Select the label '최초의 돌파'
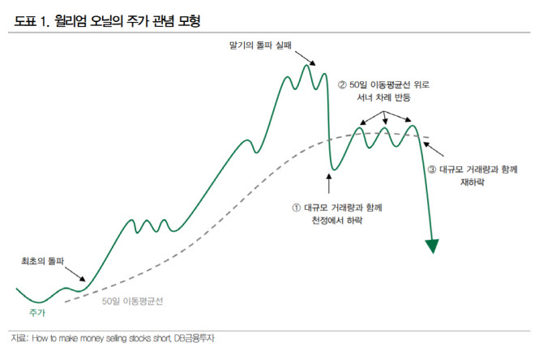tap(42, 261)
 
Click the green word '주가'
tap(37, 312)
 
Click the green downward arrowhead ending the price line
tap(432, 246)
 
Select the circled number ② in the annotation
tap(342, 84)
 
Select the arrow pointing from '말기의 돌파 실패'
tap(304, 58)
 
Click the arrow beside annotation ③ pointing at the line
tap(434, 151)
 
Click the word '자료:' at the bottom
tap(18, 338)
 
